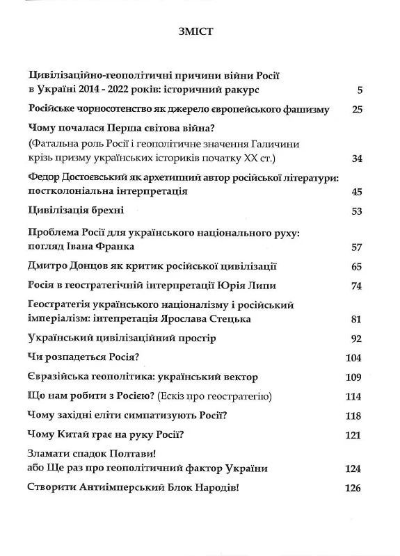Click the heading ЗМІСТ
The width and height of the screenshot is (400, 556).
point(200,31)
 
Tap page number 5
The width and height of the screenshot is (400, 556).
point(359,90)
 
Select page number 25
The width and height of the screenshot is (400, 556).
point(358,110)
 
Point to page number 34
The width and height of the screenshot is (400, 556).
point(358,158)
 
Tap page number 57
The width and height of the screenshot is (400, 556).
point(358,247)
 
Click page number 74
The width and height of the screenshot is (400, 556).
point(358,286)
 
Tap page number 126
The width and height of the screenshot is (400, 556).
point(353,488)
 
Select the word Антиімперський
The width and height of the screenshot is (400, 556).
point(121,488)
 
